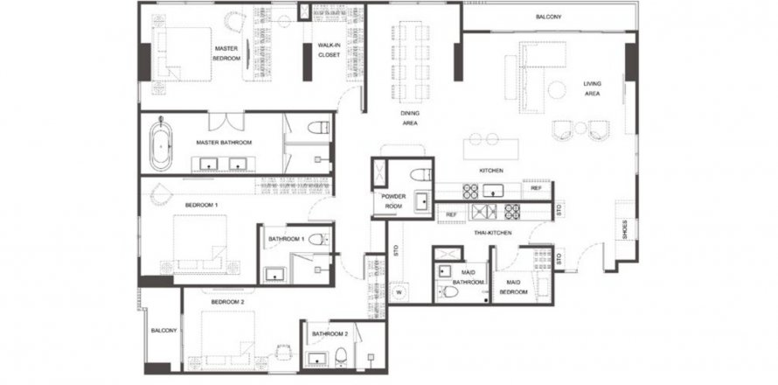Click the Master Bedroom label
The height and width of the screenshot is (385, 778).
coord(226,53)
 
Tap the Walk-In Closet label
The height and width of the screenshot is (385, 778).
coord(329,50)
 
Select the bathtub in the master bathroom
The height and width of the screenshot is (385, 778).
coord(161,143)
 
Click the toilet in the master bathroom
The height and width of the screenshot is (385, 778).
coord(318,128)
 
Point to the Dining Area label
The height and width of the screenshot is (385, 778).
coord(409,118)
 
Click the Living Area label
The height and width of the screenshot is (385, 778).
coord(592,88)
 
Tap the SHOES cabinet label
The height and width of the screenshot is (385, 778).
coord(625,229)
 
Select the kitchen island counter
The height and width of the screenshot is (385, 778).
coord(490,149)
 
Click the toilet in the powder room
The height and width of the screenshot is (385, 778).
coord(420,175)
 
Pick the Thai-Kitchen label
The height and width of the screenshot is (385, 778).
coord(492,232)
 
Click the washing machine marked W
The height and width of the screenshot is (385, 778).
coord(398,292)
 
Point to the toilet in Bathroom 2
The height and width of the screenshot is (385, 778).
coord(341,356)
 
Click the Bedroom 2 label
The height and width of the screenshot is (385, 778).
coord(227,302)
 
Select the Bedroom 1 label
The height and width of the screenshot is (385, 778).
coord(201,205)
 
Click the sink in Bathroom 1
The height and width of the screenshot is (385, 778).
coord(274,274)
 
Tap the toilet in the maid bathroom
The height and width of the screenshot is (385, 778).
coord(449,291)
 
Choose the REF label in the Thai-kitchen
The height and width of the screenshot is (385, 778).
coord(451,214)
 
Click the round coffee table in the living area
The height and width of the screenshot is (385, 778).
coord(557,90)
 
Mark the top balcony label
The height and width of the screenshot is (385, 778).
coord(548,17)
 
